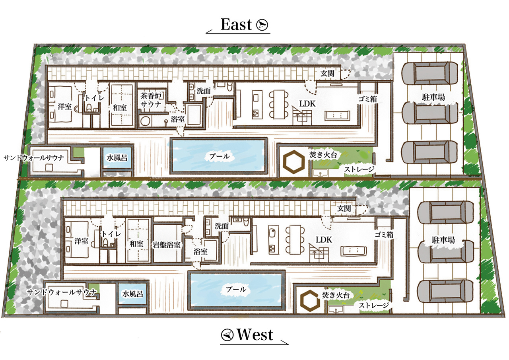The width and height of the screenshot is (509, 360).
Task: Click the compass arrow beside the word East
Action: [x=262, y=25]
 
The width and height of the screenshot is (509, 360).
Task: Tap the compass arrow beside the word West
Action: [x=227, y=335]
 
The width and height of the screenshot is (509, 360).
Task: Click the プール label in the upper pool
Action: [x=219, y=156]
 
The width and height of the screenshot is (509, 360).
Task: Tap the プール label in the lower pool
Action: [x=236, y=289]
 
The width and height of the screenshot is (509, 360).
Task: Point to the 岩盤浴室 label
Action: [x=167, y=245]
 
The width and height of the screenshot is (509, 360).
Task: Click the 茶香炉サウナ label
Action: [x=151, y=100]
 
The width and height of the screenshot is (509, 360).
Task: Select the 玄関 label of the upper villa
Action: [x=327, y=74]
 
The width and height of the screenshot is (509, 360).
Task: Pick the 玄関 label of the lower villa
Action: [x=344, y=208]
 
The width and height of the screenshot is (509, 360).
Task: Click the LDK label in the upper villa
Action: [x=307, y=104]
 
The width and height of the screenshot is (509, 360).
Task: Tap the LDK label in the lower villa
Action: [x=324, y=239]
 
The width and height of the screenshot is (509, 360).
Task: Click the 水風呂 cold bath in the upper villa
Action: [x=117, y=158]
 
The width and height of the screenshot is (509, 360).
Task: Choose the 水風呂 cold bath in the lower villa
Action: [x=133, y=294]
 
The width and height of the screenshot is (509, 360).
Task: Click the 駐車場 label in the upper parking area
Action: [x=433, y=97]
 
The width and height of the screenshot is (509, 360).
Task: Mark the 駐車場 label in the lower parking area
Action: [x=443, y=240]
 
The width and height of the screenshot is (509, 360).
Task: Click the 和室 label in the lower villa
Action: [x=136, y=244]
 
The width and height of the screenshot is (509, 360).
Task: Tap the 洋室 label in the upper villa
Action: [x=64, y=106]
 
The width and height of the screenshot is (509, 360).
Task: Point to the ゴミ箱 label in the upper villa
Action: [x=367, y=99]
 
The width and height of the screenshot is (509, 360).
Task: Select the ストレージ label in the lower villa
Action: [x=374, y=305]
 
